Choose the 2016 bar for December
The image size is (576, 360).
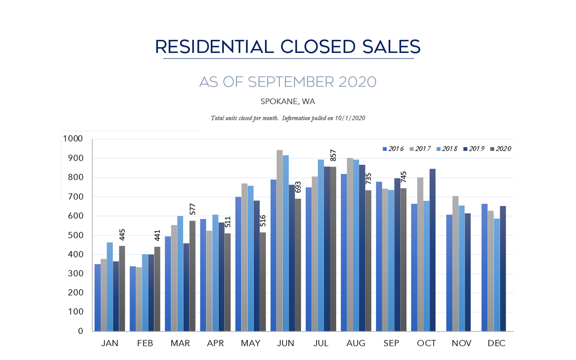(484, 268)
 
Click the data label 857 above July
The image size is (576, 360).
(333, 156)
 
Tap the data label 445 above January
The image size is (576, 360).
(122, 235)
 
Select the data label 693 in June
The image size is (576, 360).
(298, 187)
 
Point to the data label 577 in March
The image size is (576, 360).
(193, 209)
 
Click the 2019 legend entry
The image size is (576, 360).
(474, 149)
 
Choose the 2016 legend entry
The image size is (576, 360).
(393, 149)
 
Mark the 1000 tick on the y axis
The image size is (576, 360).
(73, 139)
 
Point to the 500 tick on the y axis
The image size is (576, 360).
(75, 235)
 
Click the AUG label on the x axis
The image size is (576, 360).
(356, 343)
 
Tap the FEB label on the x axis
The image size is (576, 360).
(145, 343)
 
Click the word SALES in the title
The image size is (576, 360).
(391, 47)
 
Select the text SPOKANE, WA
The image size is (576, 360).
(288, 102)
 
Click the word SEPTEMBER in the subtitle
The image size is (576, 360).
(291, 82)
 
